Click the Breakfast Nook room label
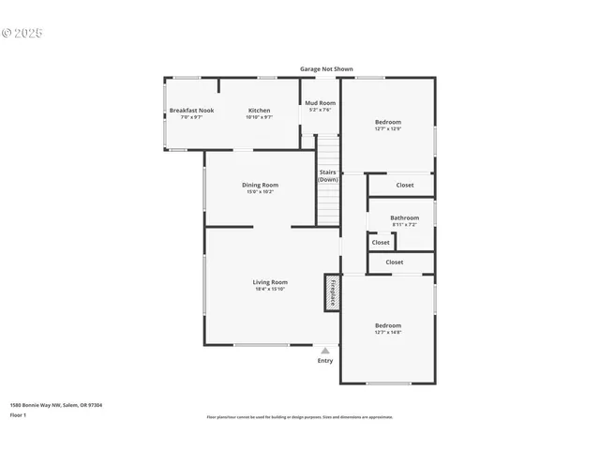(x=191, y=111)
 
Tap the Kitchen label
(x=259, y=111)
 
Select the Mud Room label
(x=320, y=103)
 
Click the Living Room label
(x=270, y=281)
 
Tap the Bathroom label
(x=405, y=217)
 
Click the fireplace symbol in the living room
(x=332, y=292)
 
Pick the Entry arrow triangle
(x=325, y=351)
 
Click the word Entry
(x=325, y=361)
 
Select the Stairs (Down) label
(x=327, y=175)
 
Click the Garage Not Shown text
(x=326, y=68)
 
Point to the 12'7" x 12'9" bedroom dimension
(x=388, y=129)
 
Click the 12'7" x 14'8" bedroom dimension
(x=388, y=333)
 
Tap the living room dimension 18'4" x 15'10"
(x=270, y=289)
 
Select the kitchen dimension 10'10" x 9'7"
(x=259, y=117)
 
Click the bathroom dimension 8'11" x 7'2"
(x=405, y=225)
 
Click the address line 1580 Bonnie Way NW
(x=55, y=405)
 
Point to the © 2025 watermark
(x=22, y=34)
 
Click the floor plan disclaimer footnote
(x=300, y=417)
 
